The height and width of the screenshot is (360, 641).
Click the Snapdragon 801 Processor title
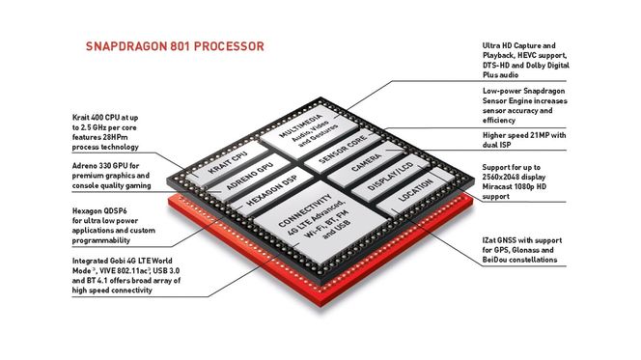point(175,46)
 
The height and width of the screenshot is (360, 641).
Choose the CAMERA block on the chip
point(365,164)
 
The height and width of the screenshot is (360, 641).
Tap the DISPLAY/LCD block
point(384,180)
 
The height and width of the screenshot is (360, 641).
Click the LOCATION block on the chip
point(405,198)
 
